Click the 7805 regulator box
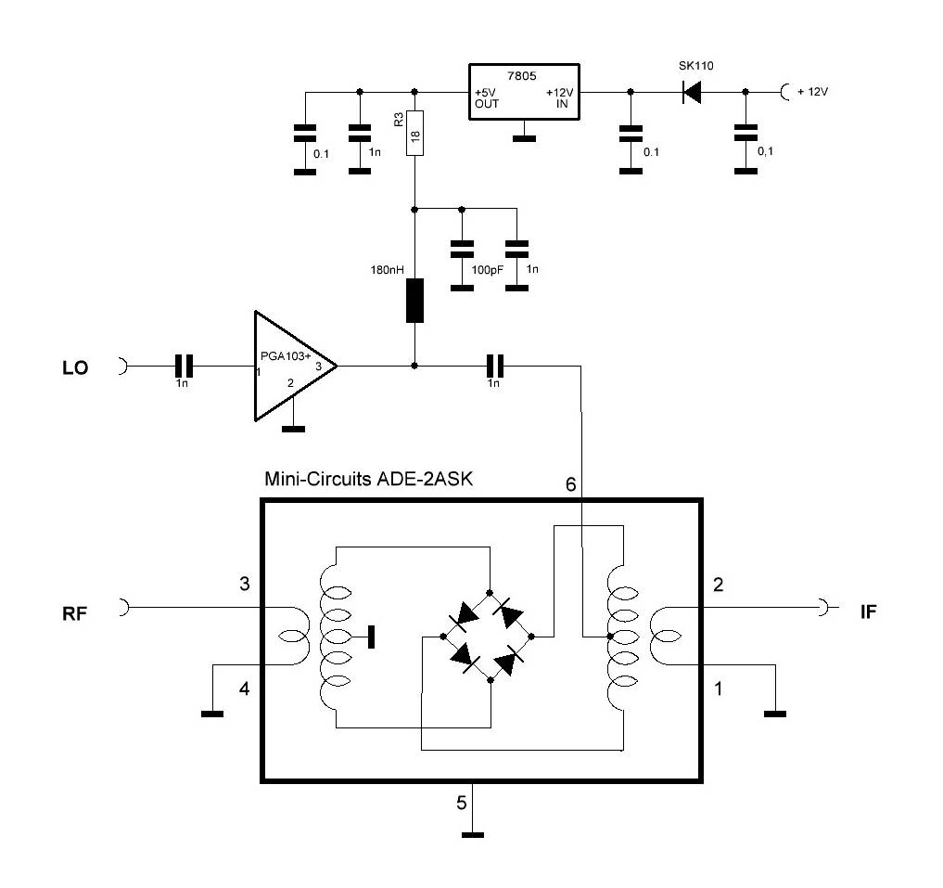click(x=524, y=92)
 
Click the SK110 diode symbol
click(x=691, y=92)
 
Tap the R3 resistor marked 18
click(x=414, y=134)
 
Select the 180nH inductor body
click(x=414, y=300)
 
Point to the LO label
click(x=75, y=368)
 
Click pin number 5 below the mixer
click(x=461, y=804)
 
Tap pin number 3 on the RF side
click(x=245, y=585)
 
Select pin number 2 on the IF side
click(x=718, y=585)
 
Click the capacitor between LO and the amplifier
click(x=184, y=366)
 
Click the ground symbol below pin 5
click(x=473, y=835)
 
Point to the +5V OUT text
click(x=487, y=98)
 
